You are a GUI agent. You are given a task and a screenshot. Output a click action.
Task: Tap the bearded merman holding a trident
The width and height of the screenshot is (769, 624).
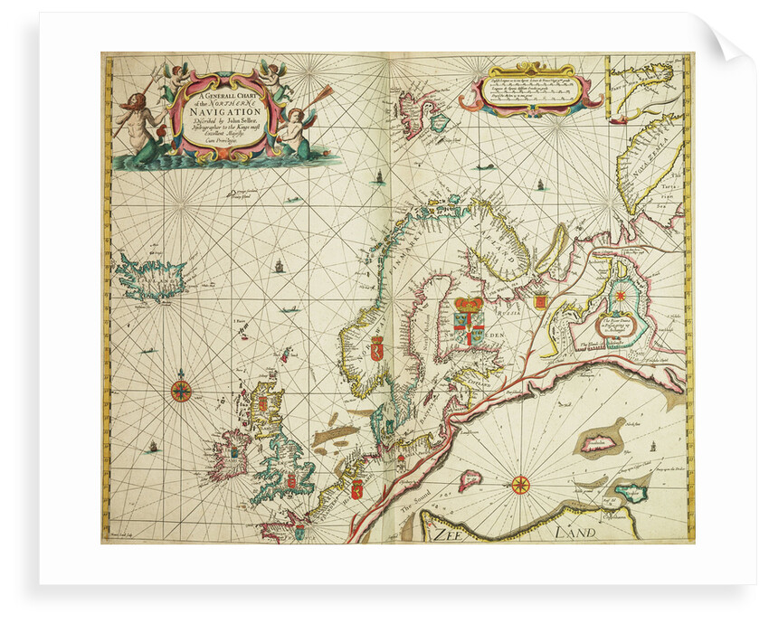coord(136,118)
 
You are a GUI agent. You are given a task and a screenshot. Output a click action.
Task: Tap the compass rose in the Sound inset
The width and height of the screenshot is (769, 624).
coord(520,484)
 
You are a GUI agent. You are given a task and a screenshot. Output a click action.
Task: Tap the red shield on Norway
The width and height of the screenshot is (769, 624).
coord(377,346)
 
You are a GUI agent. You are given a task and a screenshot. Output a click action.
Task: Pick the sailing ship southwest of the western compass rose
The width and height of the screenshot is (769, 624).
coord(152,446)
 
